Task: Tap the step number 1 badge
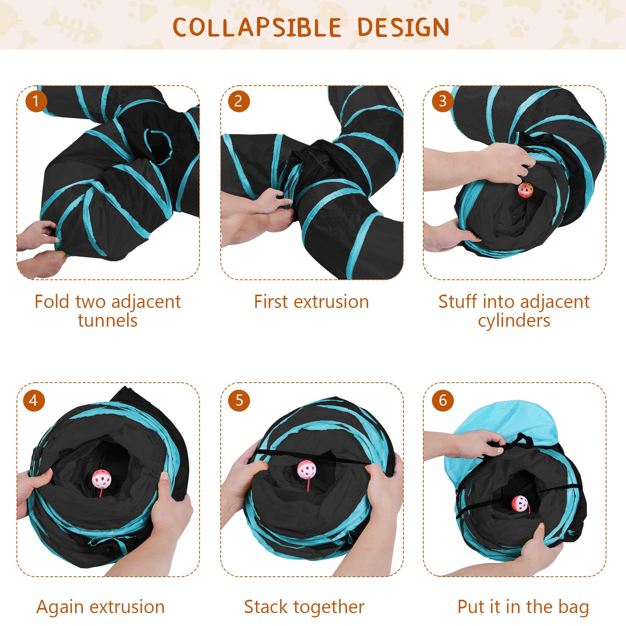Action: pyautogui.click(x=36, y=101)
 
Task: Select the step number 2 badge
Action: pyautogui.click(x=239, y=101)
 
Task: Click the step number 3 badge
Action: pyautogui.click(x=443, y=101)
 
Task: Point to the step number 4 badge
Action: pyautogui.click(x=34, y=400)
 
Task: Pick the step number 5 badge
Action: pyautogui.click(x=239, y=400)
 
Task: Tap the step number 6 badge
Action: pyautogui.click(x=443, y=400)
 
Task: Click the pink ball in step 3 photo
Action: pyautogui.click(x=525, y=190)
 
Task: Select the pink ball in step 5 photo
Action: pyautogui.click(x=306, y=469)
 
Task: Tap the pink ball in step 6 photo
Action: pyautogui.click(x=520, y=504)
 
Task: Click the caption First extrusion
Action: pyautogui.click(x=311, y=302)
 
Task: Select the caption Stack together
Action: pyautogui.click(x=304, y=607)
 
